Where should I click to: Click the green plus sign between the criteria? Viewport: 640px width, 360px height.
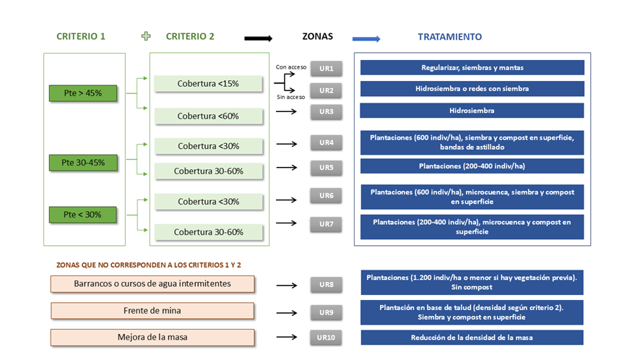click(147, 36)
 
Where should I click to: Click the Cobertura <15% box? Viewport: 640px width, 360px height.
click(207, 83)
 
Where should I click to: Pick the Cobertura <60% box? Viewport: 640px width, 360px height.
click(207, 116)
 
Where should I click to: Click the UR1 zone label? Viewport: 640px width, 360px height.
click(326, 69)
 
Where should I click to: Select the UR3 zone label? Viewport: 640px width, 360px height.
click(326, 111)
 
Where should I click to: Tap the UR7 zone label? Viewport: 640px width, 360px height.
click(326, 224)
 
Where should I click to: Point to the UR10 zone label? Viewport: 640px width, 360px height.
click(326, 338)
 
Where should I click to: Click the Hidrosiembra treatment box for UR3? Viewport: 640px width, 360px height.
click(472, 111)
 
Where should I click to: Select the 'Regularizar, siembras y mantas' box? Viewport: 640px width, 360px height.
click(472, 68)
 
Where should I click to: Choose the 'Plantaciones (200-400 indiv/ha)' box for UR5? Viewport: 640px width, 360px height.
click(472, 166)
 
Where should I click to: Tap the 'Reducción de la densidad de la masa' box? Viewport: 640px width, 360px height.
click(472, 338)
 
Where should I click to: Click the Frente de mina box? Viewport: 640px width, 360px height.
click(152, 311)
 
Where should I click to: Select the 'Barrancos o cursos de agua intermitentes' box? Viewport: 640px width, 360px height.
click(152, 283)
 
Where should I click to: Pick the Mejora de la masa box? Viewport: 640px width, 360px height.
click(152, 338)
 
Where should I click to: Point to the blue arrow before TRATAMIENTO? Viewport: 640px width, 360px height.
click(366, 38)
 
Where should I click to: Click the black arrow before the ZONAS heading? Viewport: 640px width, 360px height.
click(258, 38)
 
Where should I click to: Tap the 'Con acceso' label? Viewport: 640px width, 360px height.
click(292, 67)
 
